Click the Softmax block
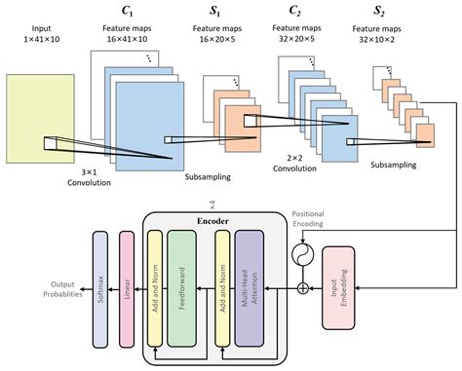[98, 277]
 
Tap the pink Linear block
[125, 277]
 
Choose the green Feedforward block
[181, 277]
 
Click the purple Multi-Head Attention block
[250, 277]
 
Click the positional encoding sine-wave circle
[304, 256]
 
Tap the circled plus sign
[304, 288]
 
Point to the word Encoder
[212, 220]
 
